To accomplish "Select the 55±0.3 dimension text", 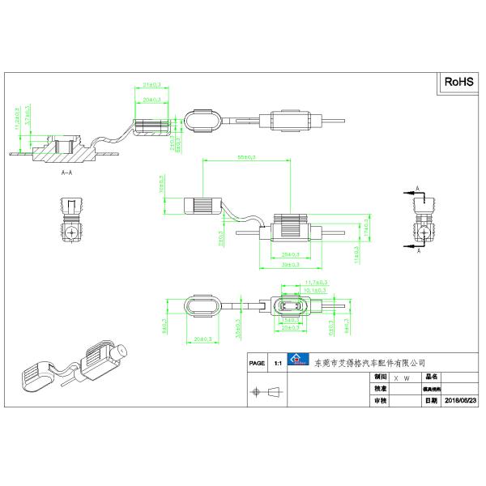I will pyautogui.click(x=245, y=156).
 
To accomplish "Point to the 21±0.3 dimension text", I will pyautogui.click(x=151, y=84).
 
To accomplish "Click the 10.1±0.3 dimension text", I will pyautogui.click(x=315, y=290).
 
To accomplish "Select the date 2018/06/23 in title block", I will pyautogui.click(x=462, y=401).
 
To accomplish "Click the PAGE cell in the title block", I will pyautogui.click(x=258, y=364).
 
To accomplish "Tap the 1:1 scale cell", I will pyautogui.click(x=279, y=364).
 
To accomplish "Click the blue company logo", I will pyautogui.click(x=297, y=362).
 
